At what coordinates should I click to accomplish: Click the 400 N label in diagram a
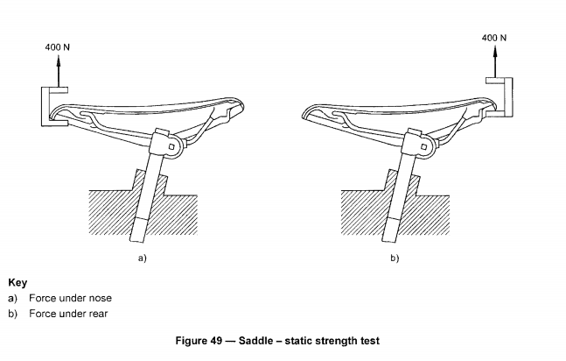tap(58, 45)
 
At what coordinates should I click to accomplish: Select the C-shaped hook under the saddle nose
tap(50, 108)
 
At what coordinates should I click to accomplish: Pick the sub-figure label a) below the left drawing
tap(141, 258)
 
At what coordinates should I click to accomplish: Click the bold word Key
tap(17, 283)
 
